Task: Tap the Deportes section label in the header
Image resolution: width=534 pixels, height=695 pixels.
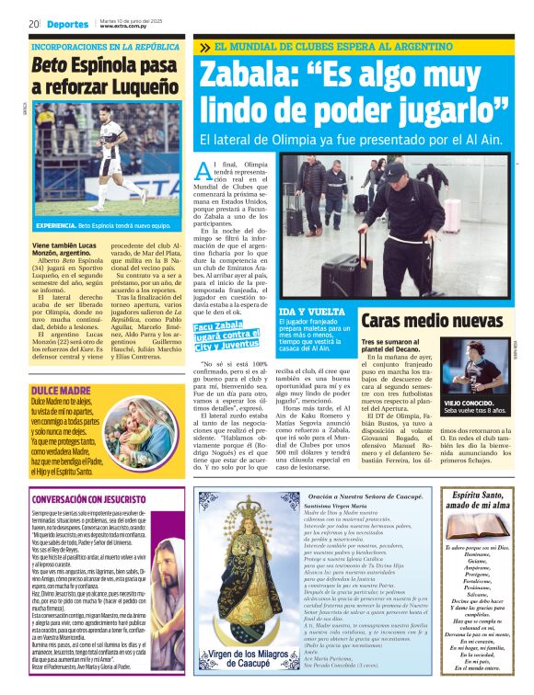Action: (x=68, y=24)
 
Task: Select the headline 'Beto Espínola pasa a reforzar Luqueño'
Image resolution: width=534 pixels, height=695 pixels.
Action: (x=104, y=76)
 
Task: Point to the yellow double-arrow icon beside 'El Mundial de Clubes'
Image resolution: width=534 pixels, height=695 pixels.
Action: (x=203, y=47)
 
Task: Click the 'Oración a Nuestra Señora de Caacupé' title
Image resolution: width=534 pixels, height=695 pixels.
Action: (x=358, y=497)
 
